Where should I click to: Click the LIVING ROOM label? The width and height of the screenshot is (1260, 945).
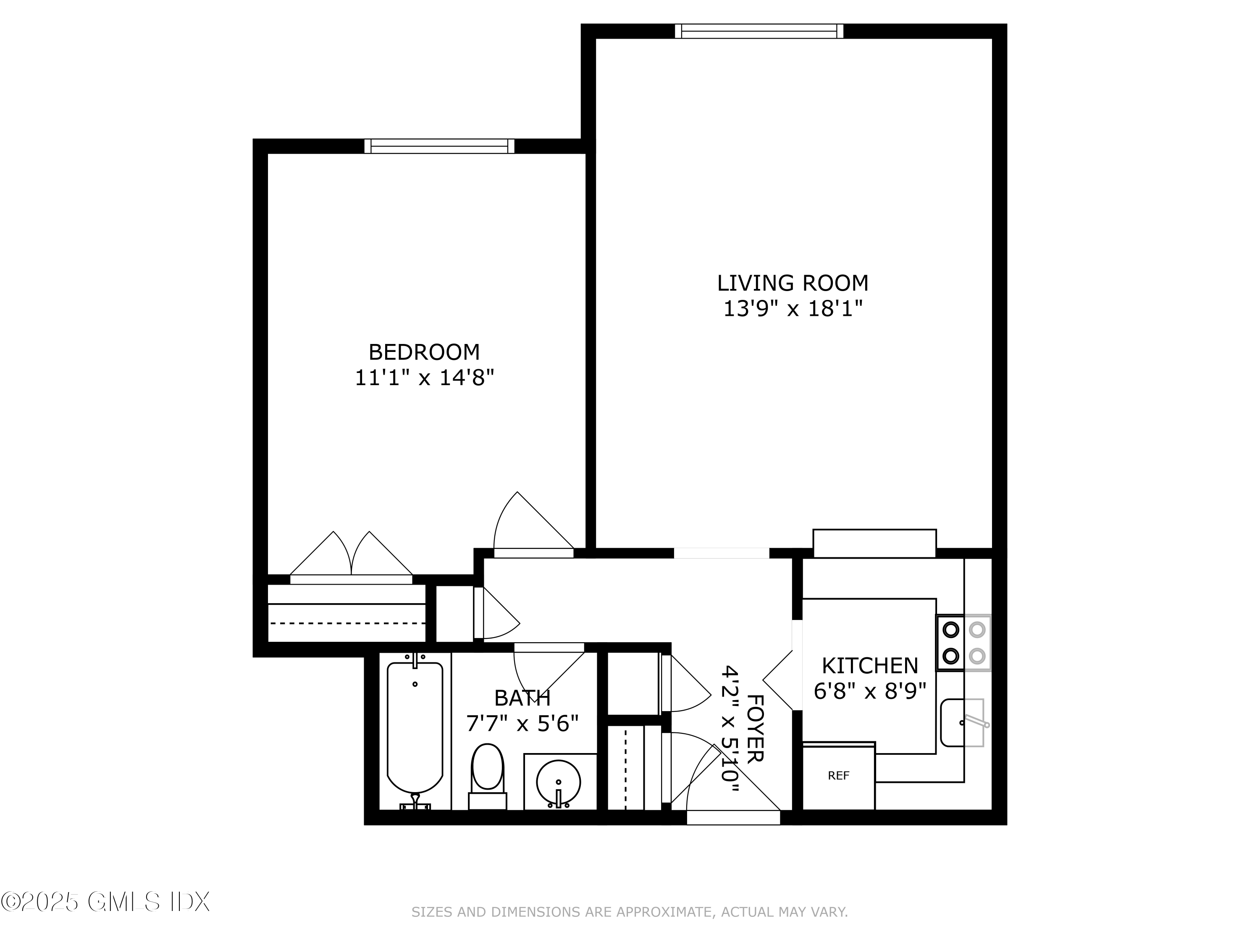pos(793,283)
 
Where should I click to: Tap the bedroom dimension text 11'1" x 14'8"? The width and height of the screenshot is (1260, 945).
pos(424,378)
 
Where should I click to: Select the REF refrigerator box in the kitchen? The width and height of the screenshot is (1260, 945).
pos(838,776)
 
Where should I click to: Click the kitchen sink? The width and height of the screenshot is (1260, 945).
pos(962,723)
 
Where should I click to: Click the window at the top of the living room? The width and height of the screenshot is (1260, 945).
pos(759,31)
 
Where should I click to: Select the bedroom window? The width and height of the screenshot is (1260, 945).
pos(439,147)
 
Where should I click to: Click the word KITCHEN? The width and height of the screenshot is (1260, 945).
pos(870,666)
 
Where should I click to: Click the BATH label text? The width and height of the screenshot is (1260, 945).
pos(522,698)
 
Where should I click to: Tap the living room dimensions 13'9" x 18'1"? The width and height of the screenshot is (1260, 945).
pos(793,309)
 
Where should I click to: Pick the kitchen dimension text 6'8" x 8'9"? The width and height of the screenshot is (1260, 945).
pos(870,691)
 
